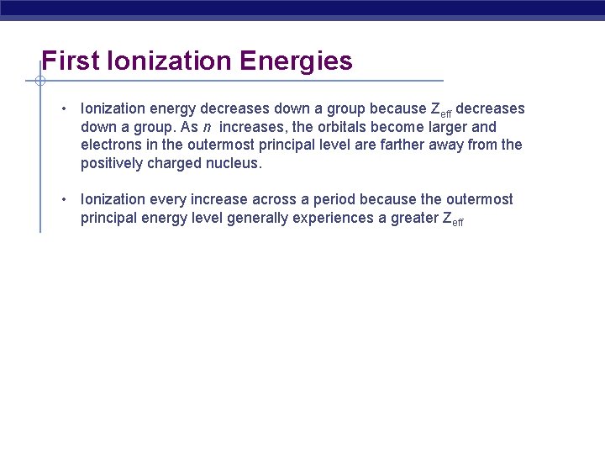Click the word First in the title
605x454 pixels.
[66, 61]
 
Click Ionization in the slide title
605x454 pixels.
[166, 61]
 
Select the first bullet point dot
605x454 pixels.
[64, 109]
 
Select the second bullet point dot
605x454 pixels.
[64, 200]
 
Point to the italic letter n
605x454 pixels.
[207, 128]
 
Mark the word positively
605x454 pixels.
[112, 163]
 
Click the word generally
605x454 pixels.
[271, 218]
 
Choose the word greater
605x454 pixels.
[413, 218]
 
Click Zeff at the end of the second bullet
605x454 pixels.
[451, 219]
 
